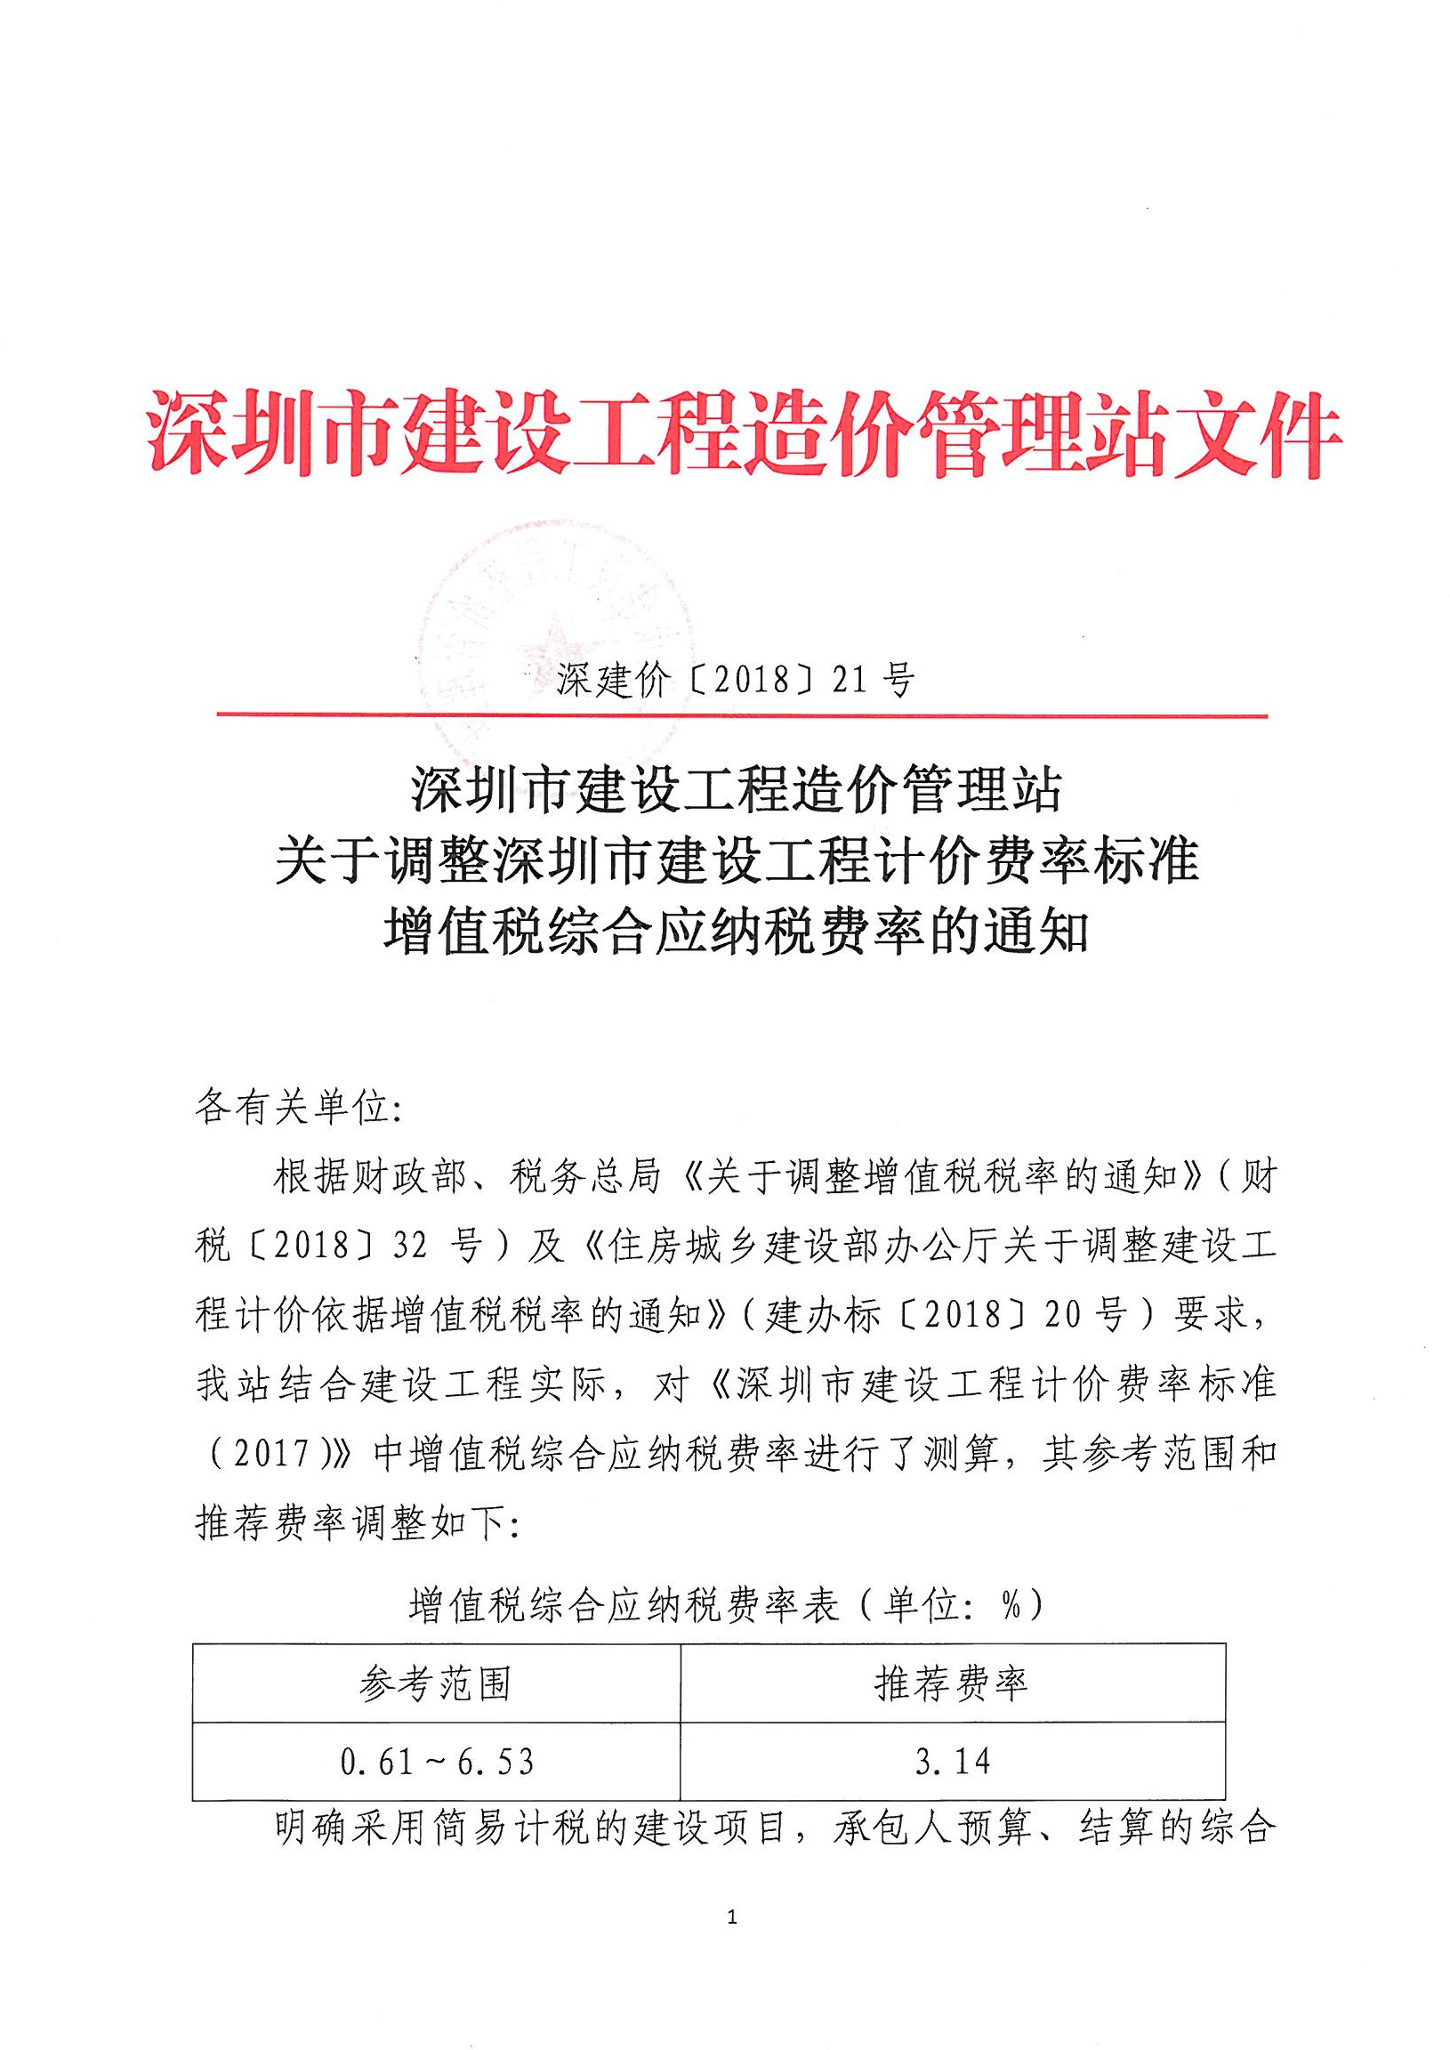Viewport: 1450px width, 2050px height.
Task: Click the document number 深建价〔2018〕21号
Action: coord(735,682)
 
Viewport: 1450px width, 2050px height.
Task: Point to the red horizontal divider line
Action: coord(741,715)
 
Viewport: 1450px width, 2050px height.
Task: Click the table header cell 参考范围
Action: coord(436,1685)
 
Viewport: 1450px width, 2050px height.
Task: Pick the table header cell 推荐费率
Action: coord(952,1685)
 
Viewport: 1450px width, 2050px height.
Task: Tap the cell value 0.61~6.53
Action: coord(437,1762)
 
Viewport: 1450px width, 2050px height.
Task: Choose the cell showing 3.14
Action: coord(952,1762)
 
